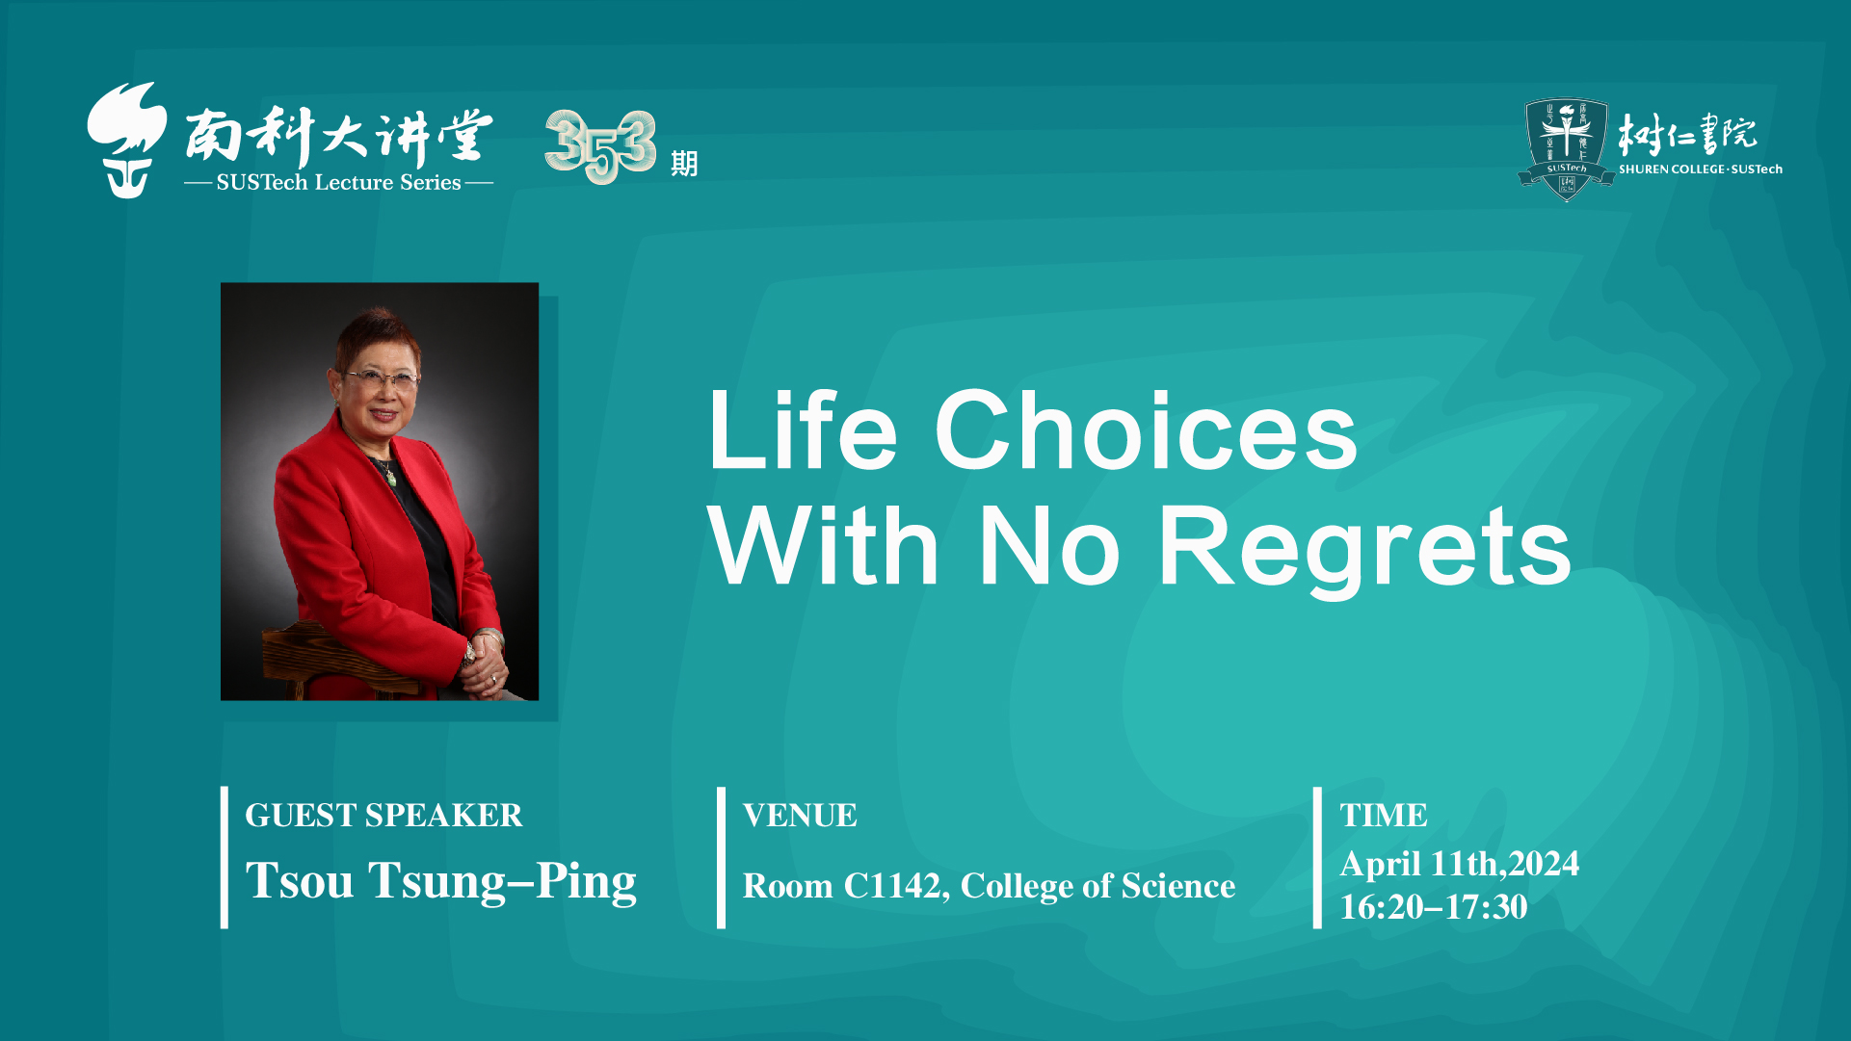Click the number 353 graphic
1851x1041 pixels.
coord(600,146)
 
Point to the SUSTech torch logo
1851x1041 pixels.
coord(126,141)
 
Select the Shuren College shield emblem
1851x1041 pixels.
coord(1566,149)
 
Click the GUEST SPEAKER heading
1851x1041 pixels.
coord(383,816)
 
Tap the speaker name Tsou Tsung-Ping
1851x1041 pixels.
coord(441,881)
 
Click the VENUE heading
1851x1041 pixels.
coord(800,816)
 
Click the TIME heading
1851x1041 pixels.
coord(1384,816)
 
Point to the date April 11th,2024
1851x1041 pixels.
coord(1459,864)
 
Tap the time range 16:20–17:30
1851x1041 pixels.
coord(1434,907)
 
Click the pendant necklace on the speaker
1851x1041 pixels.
coord(389,474)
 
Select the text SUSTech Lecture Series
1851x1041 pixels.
coord(338,183)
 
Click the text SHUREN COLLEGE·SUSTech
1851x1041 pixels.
coord(1701,169)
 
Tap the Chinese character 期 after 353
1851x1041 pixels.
coord(684,164)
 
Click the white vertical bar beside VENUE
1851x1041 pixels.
coord(721,857)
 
